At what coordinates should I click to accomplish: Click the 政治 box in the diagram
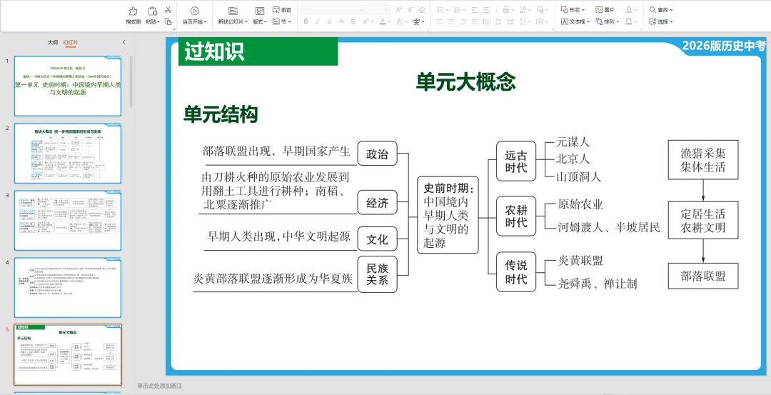[377, 154]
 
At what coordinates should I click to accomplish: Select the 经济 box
[377, 203]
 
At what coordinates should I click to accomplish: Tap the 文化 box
[377, 239]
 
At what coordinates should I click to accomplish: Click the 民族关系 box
[377, 274]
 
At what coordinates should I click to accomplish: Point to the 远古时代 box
[515, 161]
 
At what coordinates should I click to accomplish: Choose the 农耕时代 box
[515, 216]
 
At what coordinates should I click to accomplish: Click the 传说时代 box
[515, 272]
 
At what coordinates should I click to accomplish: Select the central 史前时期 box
[448, 215]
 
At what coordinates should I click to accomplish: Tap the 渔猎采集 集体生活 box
[702, 160]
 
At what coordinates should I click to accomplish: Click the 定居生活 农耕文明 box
[702, 221]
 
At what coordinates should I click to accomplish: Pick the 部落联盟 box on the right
[702, 276]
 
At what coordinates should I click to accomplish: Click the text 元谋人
[573, 142]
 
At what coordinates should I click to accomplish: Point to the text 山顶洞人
[578, 176]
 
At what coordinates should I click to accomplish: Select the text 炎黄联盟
[580, 261]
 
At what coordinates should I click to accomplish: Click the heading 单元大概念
[465, 82]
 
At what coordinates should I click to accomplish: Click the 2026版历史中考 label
[722, 46]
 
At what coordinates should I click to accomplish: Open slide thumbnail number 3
[68, 221]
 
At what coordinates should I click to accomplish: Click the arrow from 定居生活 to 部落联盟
[702, 250]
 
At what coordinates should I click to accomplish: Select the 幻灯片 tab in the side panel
[71, 43]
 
